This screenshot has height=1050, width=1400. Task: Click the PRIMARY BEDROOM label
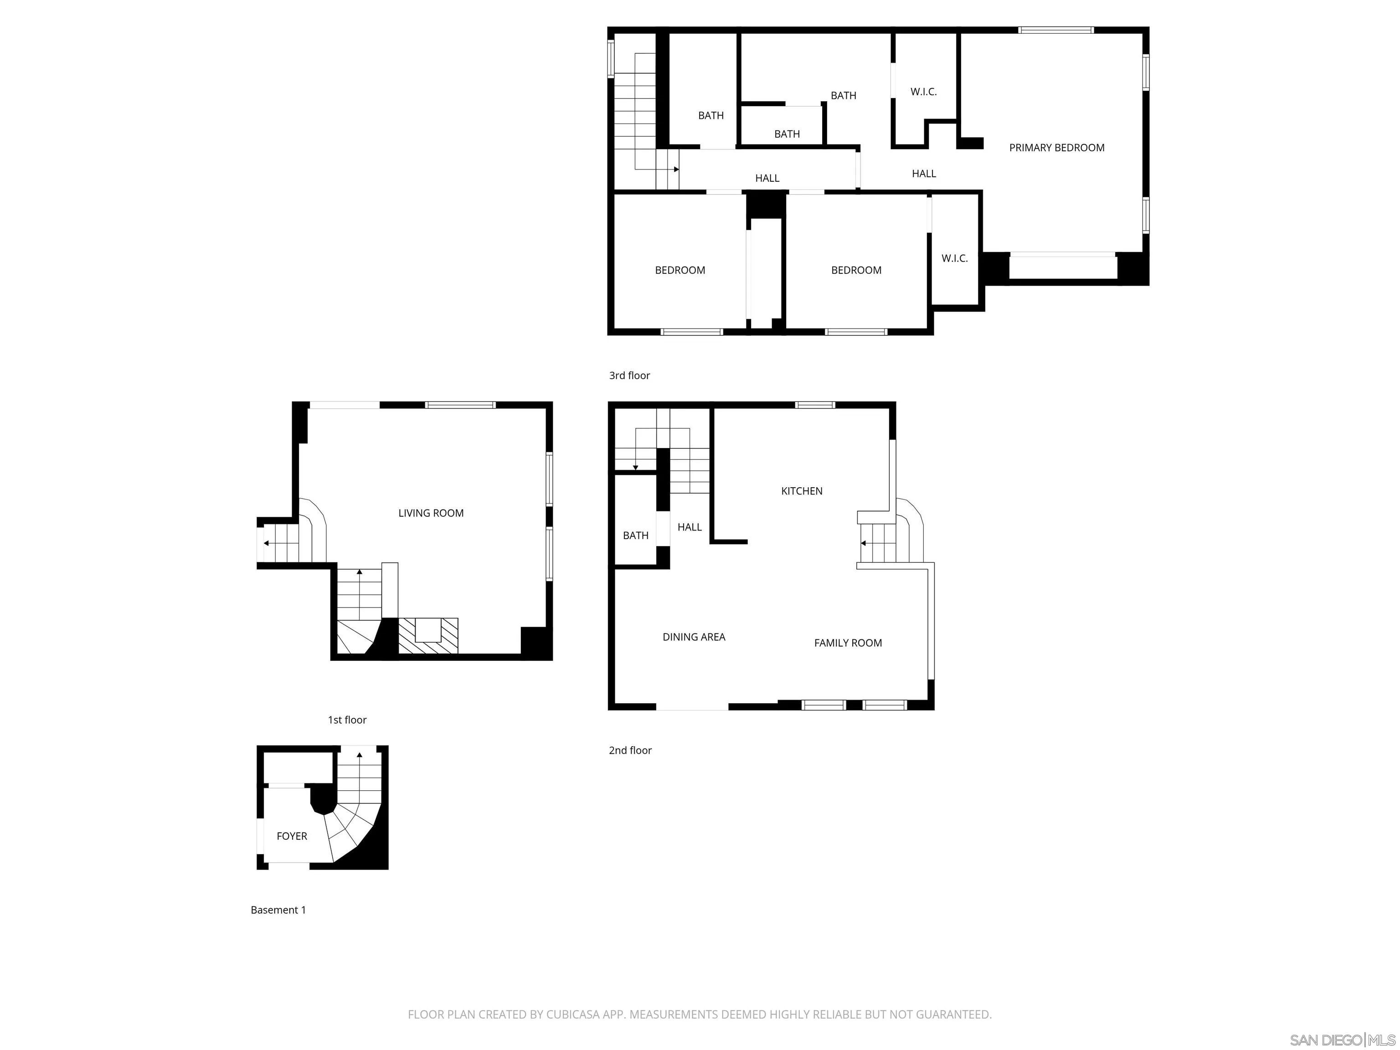coord(1056,148)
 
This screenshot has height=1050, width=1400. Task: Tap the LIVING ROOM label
coord(430,513)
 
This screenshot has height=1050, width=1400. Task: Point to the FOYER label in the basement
coord(292,836)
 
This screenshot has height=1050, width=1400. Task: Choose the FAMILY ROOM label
coord(848,643)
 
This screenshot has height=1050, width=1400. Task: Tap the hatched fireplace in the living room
coord(428,635)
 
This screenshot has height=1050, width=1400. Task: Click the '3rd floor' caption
coord(629,376)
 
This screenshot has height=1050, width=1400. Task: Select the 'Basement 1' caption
coord(278,910)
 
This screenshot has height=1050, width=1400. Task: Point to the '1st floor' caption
coord(347,720)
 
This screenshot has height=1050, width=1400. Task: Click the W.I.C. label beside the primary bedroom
coord(923,92)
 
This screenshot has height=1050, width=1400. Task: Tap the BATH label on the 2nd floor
coord(635,535)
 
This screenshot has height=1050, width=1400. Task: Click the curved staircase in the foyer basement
coord(351,829)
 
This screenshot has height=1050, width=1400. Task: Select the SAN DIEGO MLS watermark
coord(1342,1040)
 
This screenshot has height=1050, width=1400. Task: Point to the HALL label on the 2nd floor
coord(689,527)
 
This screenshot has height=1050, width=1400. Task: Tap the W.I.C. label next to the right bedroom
coord(954,258)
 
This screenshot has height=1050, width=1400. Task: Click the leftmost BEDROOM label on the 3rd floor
coord(680,270)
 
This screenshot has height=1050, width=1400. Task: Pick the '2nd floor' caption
coord(630,751)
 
